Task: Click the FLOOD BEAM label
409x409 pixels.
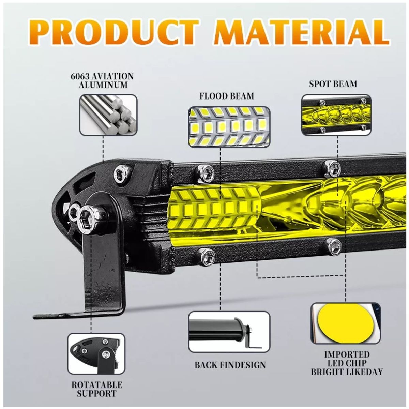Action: [227, 96]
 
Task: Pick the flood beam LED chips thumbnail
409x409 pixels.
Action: [229, 127]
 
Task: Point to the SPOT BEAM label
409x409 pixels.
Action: [333, 84]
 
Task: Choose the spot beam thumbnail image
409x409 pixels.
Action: [335, 114]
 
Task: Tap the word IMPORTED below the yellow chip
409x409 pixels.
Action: [347, 354]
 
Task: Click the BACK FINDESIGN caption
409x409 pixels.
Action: [230, 365]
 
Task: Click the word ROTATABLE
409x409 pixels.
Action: [96, 385]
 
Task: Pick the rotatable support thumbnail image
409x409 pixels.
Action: [95, 353]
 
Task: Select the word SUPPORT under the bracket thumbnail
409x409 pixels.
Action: [96, 394]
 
